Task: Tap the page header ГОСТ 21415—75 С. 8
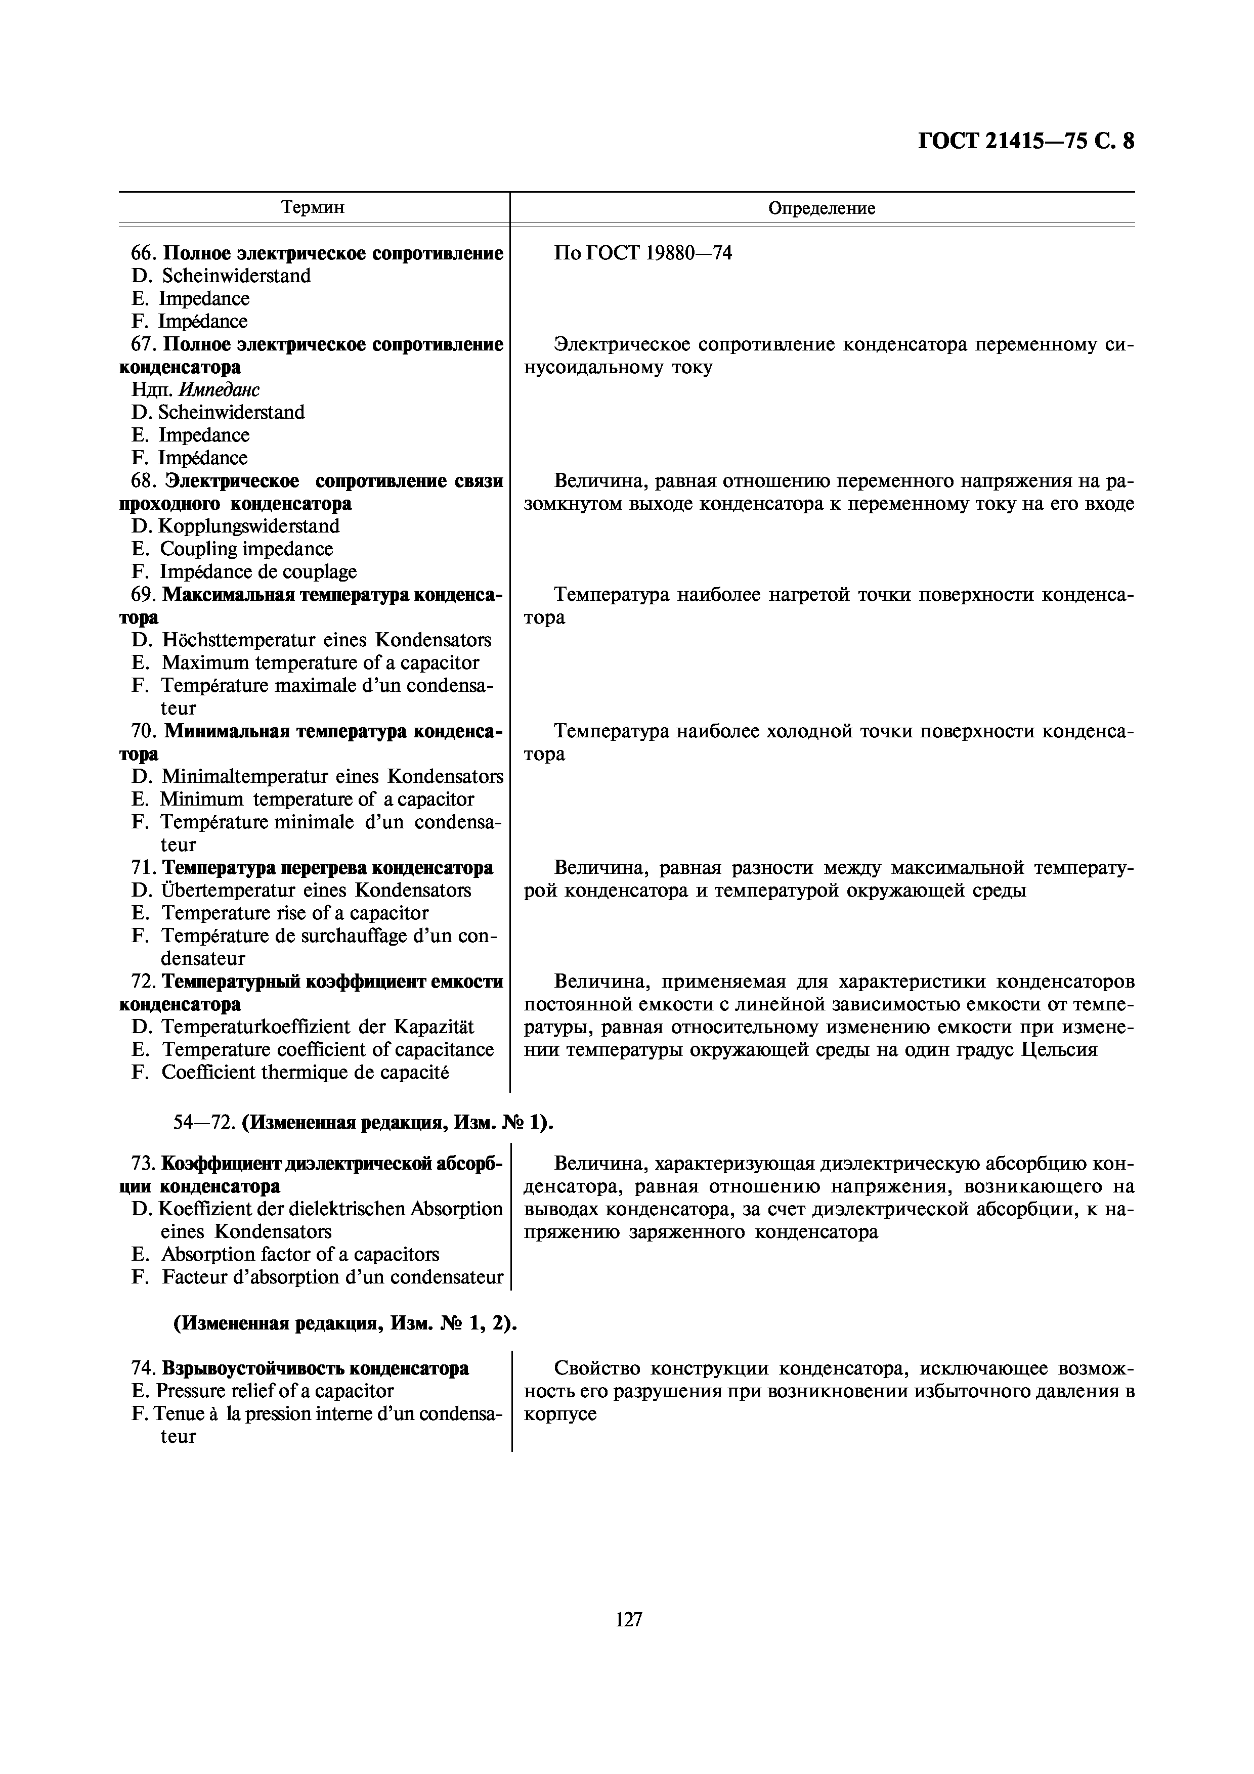coord(1026,142)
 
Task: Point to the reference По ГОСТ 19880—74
coord(643,253)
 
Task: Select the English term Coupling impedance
coord(246,549)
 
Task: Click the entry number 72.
coord(143,981)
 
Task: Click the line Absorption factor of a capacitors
coord(299,1254)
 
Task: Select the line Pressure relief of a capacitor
coord(274,1391)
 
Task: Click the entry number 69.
coord(143,595)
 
